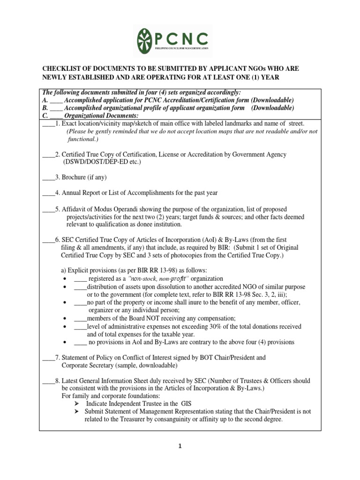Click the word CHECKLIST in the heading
63,68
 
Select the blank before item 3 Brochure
48,178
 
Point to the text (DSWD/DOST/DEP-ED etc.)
102,162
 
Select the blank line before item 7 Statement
48,358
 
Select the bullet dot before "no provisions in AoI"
64,342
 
